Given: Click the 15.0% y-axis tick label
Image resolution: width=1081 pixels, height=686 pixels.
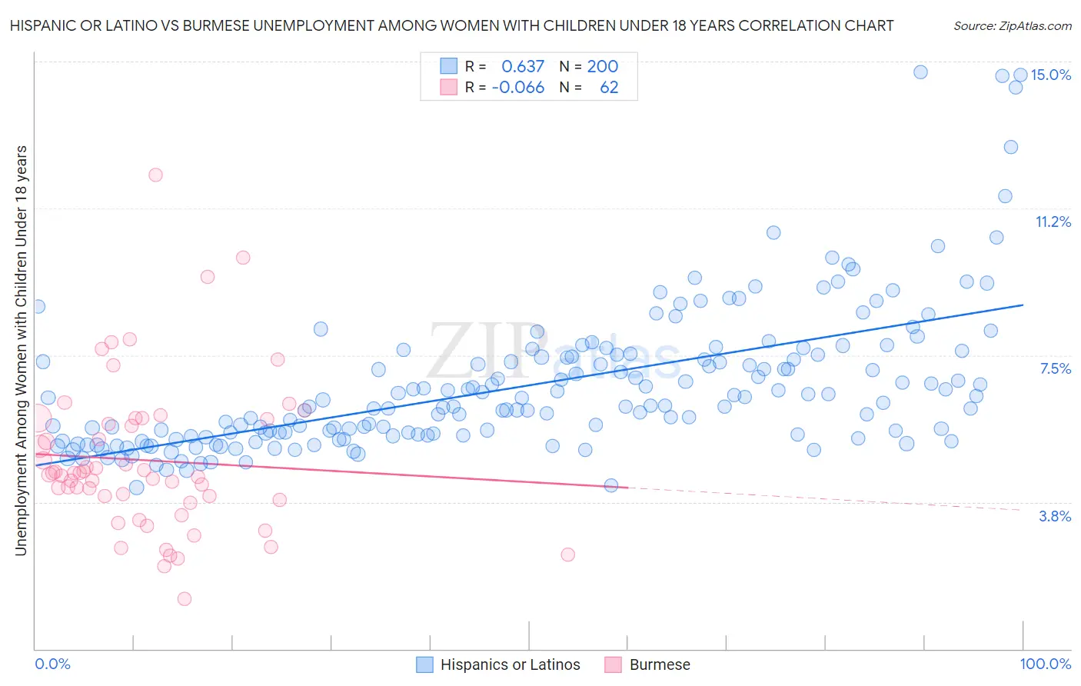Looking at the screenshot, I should click(x=1050, y=75).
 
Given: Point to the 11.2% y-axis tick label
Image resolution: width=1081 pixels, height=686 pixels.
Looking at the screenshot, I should click(x=1053, y=221).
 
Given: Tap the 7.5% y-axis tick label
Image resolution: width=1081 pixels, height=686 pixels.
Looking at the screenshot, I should click(x=1055, y=368).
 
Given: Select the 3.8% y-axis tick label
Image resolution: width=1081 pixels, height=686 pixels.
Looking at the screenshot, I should click(x=1055, y=516).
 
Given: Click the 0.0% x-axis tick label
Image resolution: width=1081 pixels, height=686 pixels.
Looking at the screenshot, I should click(x=52, y=664).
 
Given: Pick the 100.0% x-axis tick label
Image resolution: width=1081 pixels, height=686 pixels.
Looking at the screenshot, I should click(x=1045, y=664).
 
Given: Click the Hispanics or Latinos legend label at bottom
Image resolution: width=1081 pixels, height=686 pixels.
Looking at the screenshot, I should click(x=510, y=664).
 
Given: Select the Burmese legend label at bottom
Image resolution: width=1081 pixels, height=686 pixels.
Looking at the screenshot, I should click(x=660, y=664).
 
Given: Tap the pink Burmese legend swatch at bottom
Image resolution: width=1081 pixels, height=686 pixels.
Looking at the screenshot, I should click(x=613, y=664).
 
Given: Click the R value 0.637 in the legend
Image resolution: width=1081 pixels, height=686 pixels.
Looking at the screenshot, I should click(x=523, y=66).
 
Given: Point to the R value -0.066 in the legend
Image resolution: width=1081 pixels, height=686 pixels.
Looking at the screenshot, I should click(x=518, y=87).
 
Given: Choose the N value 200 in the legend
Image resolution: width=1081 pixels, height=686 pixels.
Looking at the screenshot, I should click(x=603, y=66).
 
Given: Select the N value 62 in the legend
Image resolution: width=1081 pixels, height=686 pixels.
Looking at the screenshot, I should click(x=609, y=87).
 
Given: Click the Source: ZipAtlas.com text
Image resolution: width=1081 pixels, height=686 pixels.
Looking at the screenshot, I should click(x=1012, y=25).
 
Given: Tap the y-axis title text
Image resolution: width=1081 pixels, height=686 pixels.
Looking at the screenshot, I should click(x=21, y=350).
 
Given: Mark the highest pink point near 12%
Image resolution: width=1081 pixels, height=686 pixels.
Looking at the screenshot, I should click(x=155, y=175).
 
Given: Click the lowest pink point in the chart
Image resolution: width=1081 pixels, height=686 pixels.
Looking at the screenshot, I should click(x=185, y=598).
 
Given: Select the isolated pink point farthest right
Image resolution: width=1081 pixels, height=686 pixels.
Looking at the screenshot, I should click(x=568, y=554).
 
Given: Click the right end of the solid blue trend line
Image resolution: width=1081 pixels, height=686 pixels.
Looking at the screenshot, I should click(x=1023, y=305).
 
